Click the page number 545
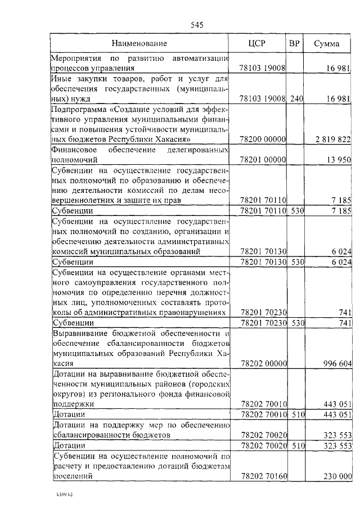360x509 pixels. click(196, 25)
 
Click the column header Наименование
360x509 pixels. click(139, 43)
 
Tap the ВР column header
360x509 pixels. click(294, 43)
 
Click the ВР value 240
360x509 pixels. click(296, 98)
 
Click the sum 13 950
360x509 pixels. click(339, 160)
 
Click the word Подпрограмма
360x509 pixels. click(77, 109)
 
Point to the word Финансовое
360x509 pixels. click(73, 150)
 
